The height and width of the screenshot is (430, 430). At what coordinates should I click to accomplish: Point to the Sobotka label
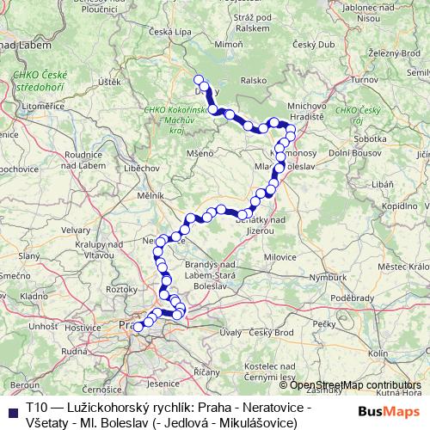coord(368,137)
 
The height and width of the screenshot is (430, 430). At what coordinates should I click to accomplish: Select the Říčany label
coord(206,371)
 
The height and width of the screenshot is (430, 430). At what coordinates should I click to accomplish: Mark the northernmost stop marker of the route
coord(199,80)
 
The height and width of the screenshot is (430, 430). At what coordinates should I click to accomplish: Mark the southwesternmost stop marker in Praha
coord(138,327)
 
